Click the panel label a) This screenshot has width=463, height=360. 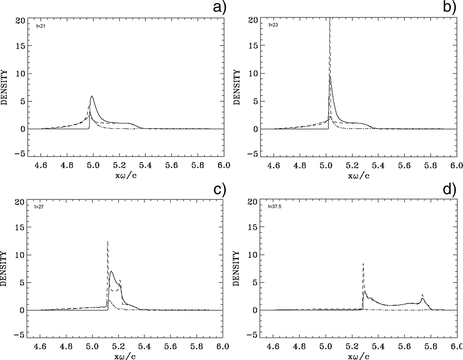pyautogui.click(x=219, y=7)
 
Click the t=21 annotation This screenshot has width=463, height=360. pyautogui.click(x=41, y=26)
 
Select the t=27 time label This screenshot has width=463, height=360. pyautogui.click(x=39, y=207)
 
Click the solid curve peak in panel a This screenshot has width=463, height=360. pyautogui.click(x=92, y=96)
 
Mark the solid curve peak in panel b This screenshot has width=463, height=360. pyautogui.click(x=330, y=77)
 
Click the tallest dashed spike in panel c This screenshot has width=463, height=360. pyautogui.click(x=107, y=242)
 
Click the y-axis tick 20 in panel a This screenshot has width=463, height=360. pyautogui.click(x=20, y=20)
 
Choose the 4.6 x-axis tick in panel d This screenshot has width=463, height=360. pyautogui.click(x=273, y=346)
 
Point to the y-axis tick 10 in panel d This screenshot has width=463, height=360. pyautogui.click(x=253, y=255)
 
